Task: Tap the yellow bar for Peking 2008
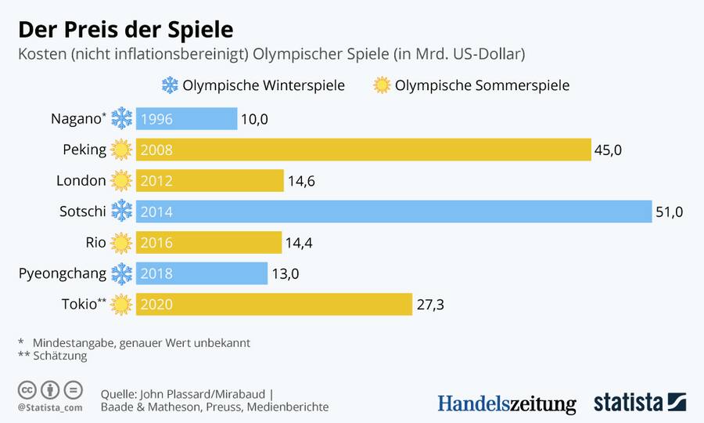coord(363,150)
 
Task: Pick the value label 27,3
coord(430,305)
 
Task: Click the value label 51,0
coord(670,211)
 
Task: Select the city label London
coord(81,181)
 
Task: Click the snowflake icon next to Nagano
coord(121,119)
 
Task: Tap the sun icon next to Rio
coord(121,243)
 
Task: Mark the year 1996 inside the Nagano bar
coord(156,119)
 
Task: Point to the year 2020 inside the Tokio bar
coord(156,305)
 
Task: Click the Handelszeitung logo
coord(506,403)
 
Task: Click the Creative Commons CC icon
coord(27,390)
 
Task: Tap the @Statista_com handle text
coord(50,407)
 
